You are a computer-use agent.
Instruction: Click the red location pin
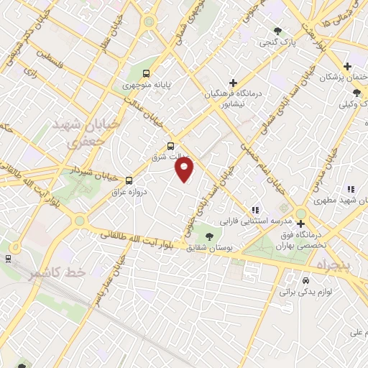pos(185,170)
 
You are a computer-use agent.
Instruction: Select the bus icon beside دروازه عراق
pos(129,180)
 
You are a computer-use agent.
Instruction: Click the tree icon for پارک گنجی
pos(278,30)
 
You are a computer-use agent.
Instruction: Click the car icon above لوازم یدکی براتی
pos(305,280)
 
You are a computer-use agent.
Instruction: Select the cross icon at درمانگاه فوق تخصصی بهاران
pos(300,224)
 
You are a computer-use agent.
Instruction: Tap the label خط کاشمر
pos(57,273)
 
